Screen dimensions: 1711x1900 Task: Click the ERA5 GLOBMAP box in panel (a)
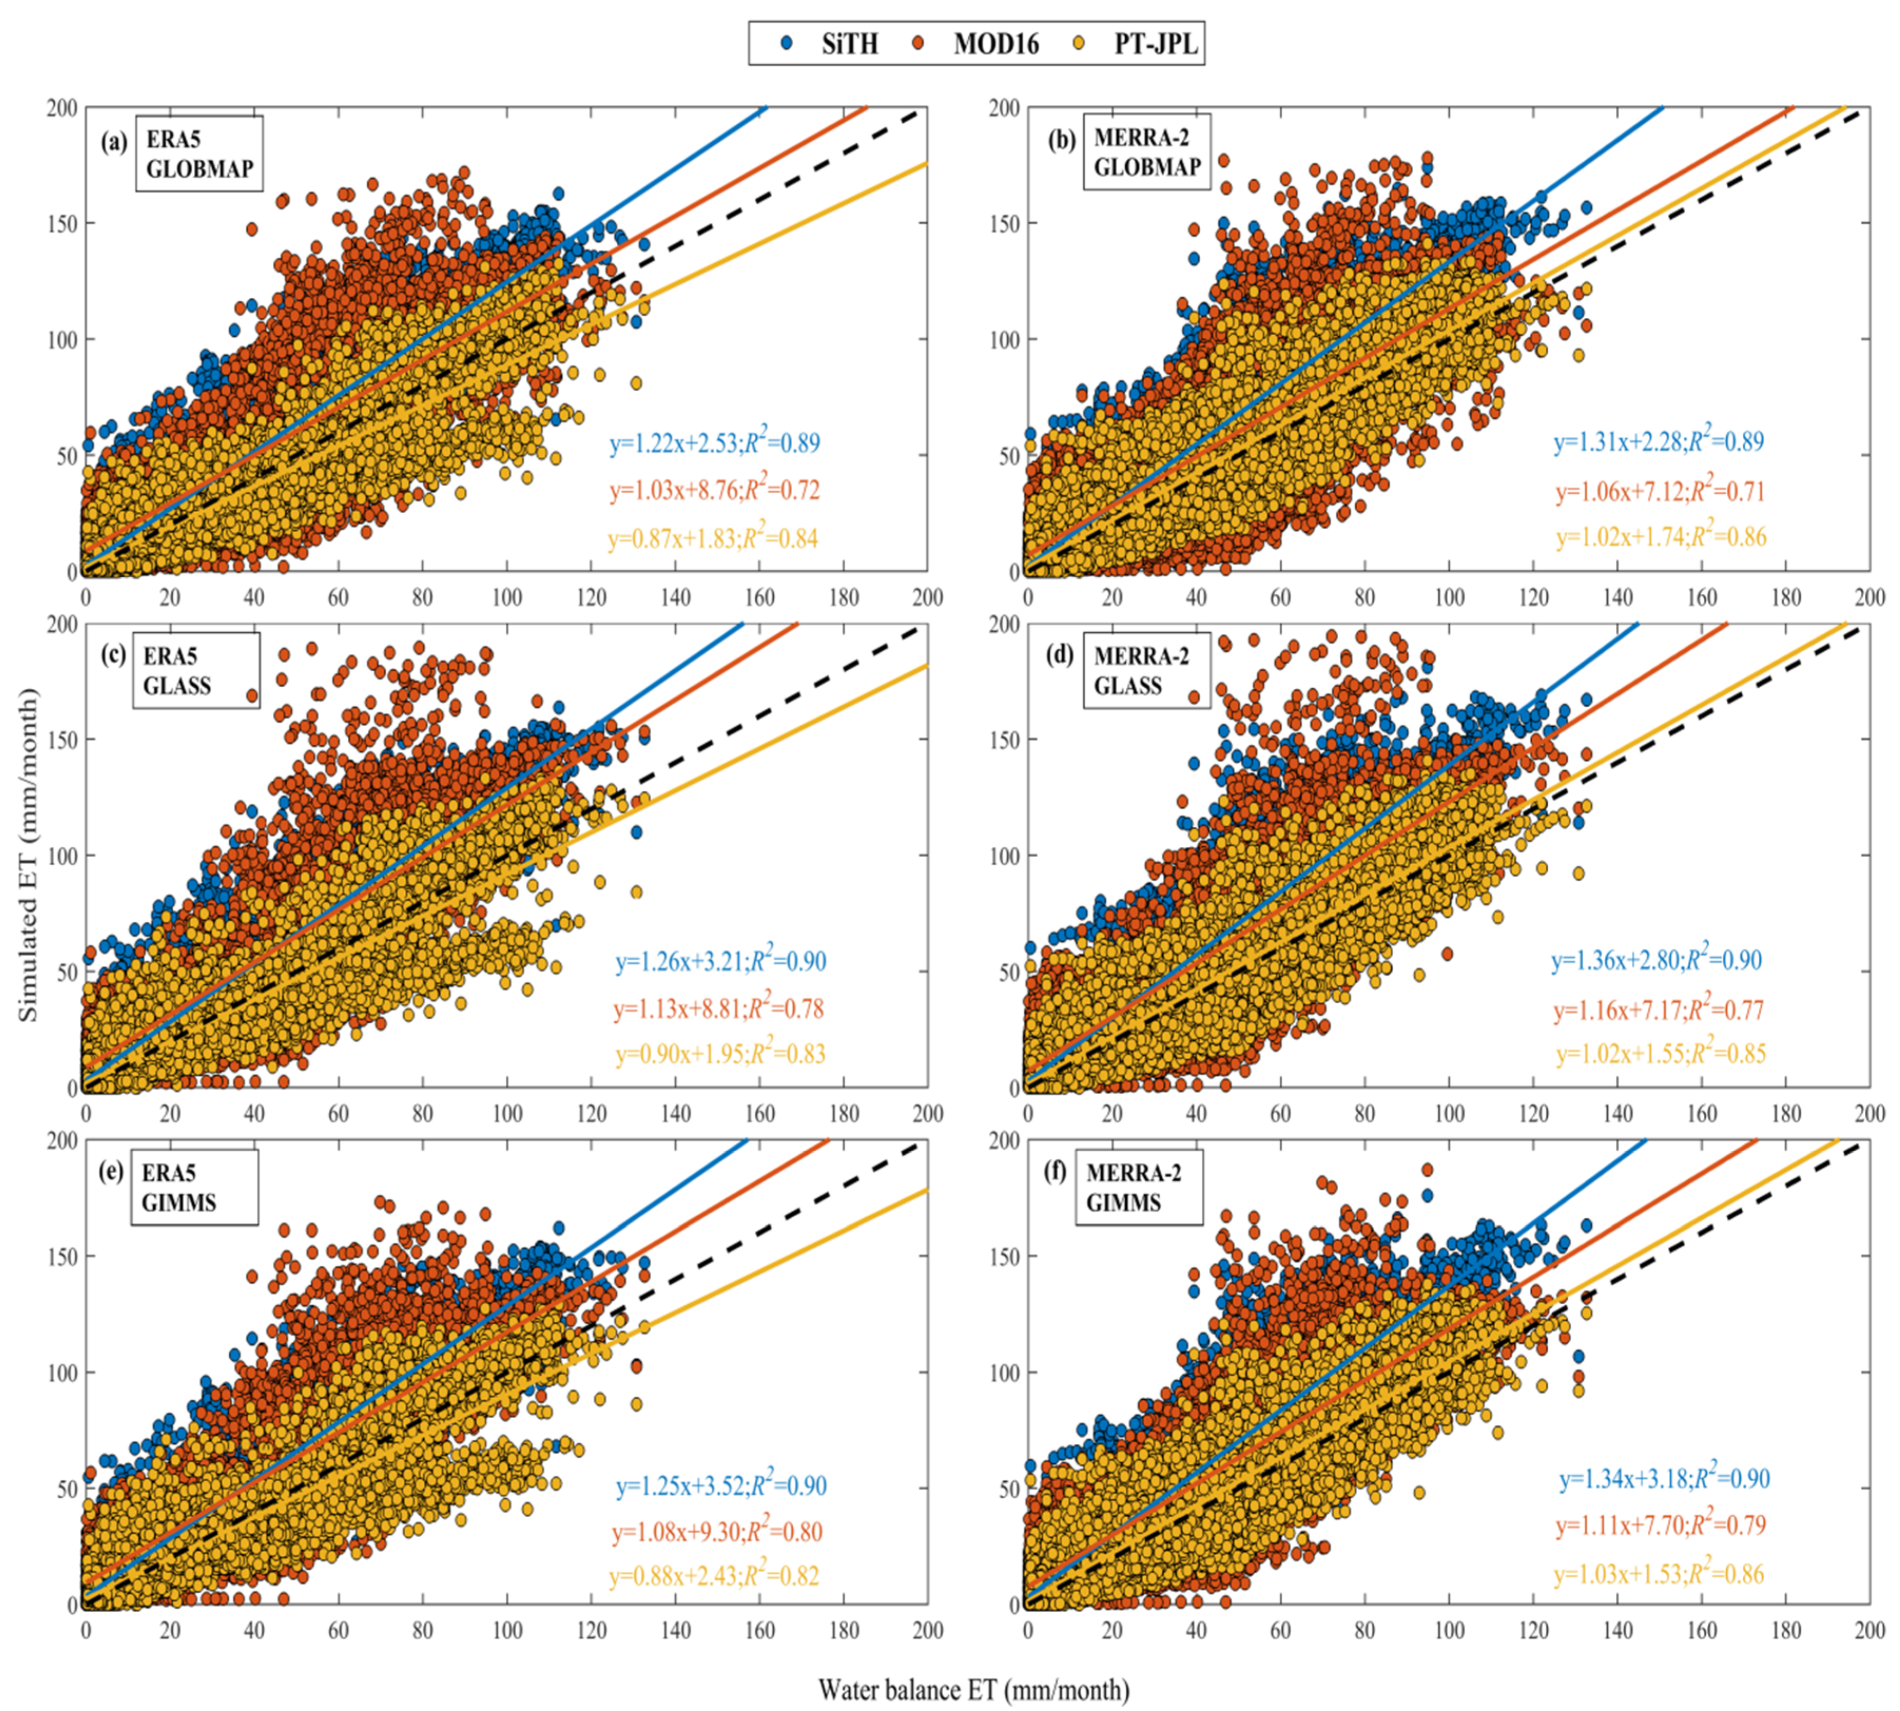coord(198,153)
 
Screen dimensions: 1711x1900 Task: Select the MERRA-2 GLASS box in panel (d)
coord(1146,670)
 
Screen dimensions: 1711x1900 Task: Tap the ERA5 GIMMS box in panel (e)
coord(193,1187)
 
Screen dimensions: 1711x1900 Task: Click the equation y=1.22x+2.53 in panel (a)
coord(714,443)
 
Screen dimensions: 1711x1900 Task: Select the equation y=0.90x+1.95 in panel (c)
coord(720,1054)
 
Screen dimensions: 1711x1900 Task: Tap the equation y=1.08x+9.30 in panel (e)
coord(717,1532)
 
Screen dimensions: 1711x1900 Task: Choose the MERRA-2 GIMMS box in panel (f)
coord(1138,1187)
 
